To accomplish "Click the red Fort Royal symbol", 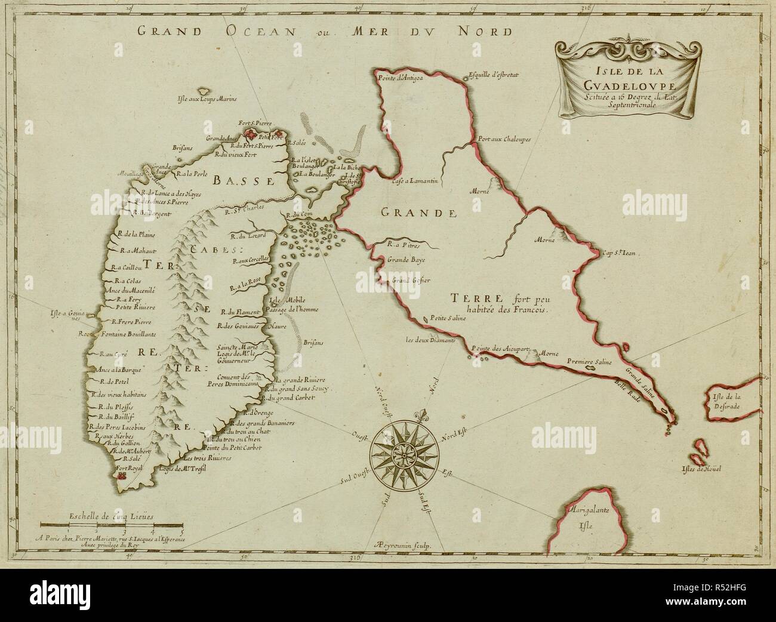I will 123,476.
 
